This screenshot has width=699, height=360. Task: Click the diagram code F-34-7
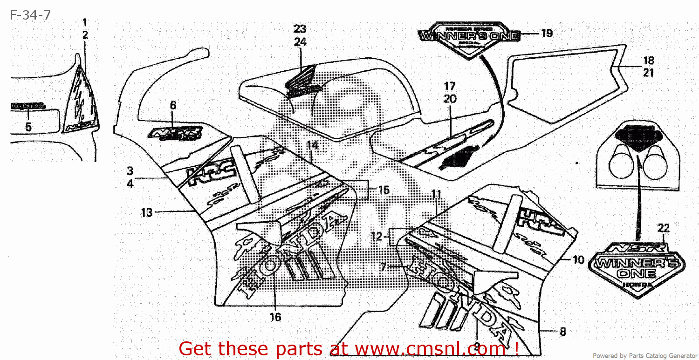pos(30,15)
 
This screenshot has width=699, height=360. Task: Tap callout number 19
pos(546,33)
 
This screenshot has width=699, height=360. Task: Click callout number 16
pos(275,317)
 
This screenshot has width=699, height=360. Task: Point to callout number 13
pos(147,213)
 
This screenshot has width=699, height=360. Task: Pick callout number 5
pos(28,127)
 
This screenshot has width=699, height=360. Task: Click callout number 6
pos(173,105)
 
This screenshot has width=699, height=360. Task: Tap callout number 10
pos(578,260)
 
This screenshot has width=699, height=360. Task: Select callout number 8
pos(562,332)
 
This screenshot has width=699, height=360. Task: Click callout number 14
pos(312,145)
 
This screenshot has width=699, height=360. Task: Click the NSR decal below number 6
pos(176,134)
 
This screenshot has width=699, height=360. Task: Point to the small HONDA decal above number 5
pos(28,106)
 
